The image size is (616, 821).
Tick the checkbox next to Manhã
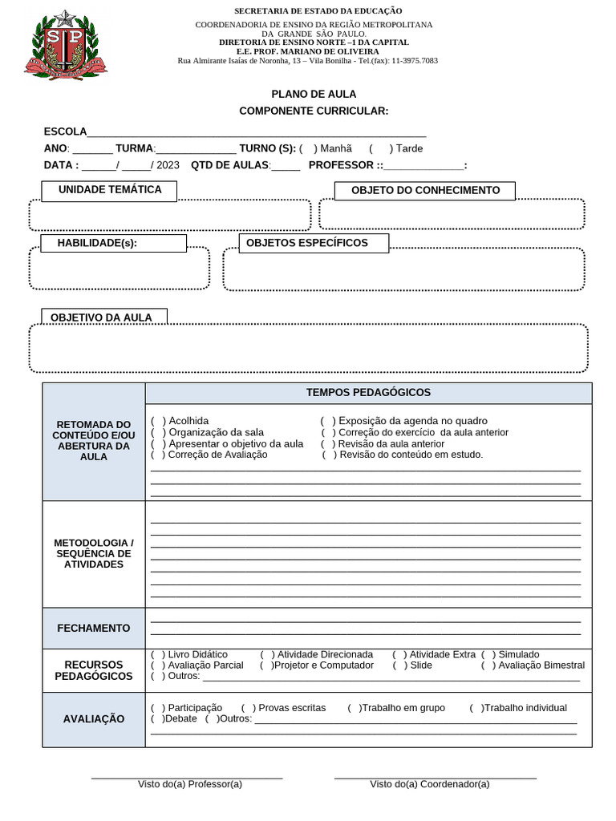309,148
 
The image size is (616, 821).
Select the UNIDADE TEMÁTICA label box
109,190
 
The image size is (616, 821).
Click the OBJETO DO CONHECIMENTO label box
425,191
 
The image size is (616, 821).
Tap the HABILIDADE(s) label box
114,243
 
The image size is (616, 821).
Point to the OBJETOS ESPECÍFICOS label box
314,243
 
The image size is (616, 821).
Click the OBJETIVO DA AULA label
101,317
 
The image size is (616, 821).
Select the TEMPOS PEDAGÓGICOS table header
368,393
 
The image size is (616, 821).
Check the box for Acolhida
159,421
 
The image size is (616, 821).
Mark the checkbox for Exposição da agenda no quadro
328,421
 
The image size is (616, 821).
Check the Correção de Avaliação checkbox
159,455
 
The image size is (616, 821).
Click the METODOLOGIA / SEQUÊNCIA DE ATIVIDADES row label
94,554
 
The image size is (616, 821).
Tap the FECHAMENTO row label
94,629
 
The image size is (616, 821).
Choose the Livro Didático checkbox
159,655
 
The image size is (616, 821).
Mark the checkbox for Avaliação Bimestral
488,665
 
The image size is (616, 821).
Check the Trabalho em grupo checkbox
354,708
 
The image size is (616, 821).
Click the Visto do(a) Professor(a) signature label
189,784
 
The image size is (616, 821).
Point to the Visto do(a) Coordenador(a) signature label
429,784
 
